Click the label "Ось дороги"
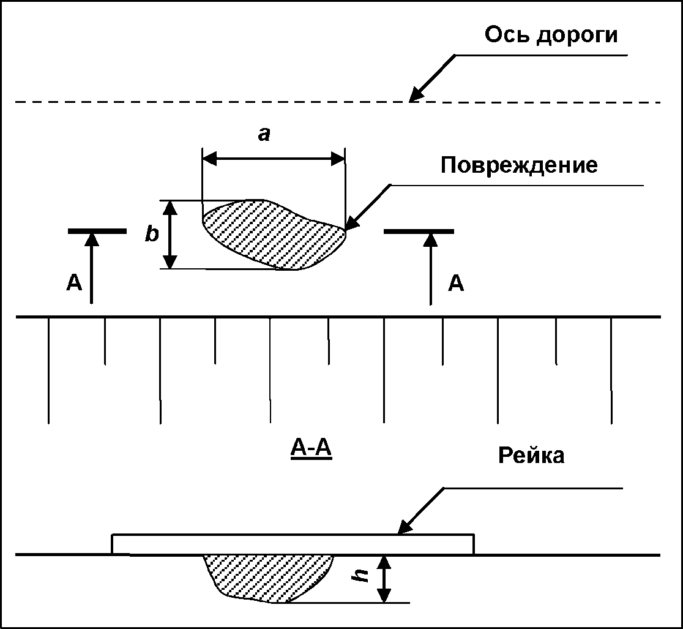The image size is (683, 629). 551,35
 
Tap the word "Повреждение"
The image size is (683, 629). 519,165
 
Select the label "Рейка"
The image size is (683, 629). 531,456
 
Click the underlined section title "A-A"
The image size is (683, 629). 310,450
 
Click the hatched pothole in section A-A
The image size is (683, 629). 266,576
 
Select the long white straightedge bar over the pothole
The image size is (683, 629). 293,544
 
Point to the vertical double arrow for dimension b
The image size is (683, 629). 171,235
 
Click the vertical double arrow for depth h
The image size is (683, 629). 384,578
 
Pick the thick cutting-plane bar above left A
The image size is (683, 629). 97,231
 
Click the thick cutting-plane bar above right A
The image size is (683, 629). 419,231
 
